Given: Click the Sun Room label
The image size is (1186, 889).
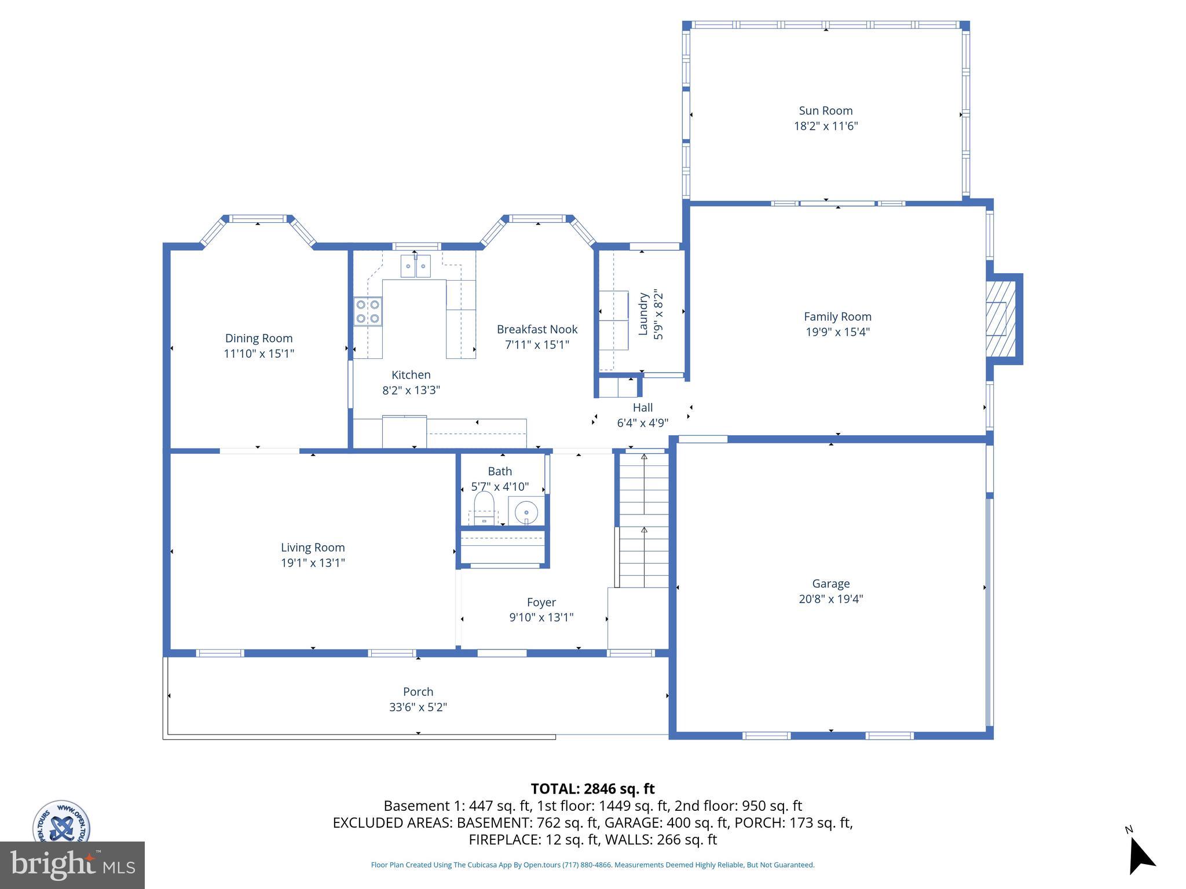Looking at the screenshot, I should click(825, 111).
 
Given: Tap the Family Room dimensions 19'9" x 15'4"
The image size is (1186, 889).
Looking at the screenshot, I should click(837, 332).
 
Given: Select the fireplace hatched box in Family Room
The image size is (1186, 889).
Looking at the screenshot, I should click(1001, 319).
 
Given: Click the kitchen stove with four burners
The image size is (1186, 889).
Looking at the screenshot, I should click(368, 311).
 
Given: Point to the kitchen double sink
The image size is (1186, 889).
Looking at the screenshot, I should click(416, 266).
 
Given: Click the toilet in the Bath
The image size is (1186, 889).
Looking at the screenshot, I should click(484, 506).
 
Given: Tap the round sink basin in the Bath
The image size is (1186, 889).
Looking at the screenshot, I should click(526, 512).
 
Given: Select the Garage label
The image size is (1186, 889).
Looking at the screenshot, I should click(830, 583).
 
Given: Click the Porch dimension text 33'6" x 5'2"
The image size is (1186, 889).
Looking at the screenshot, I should click(418, 707).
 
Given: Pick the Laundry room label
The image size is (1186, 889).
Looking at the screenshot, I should click(643, 314).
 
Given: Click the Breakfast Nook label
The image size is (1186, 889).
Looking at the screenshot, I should click(537, 329).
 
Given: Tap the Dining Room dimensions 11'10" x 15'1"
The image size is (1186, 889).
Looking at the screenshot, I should click(259, 354).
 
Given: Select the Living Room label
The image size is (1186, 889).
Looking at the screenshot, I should click(313, 548).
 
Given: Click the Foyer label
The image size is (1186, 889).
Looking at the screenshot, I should click(541, 602).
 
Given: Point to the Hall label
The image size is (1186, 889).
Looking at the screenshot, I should click(642, 407).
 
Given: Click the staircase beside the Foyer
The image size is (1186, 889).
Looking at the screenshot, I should click(644, 521).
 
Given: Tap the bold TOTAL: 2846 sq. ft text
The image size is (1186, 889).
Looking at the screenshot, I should click(592, 789).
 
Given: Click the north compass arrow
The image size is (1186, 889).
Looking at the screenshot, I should click(1140, 856).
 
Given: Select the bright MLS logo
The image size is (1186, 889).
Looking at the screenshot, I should click(72, 865).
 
